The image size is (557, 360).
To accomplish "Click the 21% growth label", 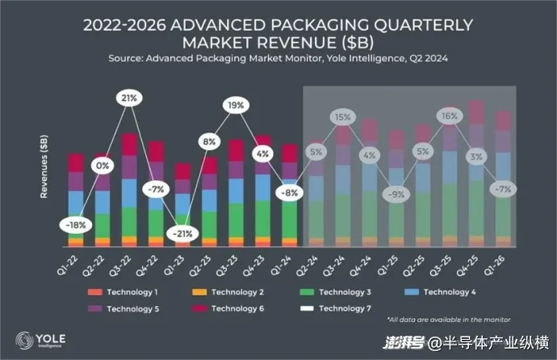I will (x=128, y=98).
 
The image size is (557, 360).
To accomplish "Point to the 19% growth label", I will (x=235, y=105).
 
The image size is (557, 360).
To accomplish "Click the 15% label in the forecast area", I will (x=342, y=117).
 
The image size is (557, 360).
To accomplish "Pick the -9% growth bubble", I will (x=396, y=194).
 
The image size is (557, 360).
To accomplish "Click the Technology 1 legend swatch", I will (x=95, y=292).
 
